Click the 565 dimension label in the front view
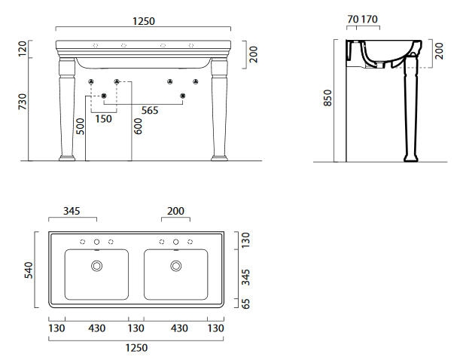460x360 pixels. (x=150, y=110)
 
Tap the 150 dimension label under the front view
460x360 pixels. (x=104, y=119)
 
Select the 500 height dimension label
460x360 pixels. (x=80, y=127)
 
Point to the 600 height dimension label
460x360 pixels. (x=138, y=127)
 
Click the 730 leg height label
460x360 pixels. (x=23, y=102)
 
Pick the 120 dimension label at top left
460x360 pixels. (x=23, y=49)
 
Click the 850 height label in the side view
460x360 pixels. (x=327, y=98)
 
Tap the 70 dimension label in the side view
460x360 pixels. (x=353, y=20)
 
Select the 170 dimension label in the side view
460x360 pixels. (x=369, y=20)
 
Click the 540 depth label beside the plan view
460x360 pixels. (x=29, y=270)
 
